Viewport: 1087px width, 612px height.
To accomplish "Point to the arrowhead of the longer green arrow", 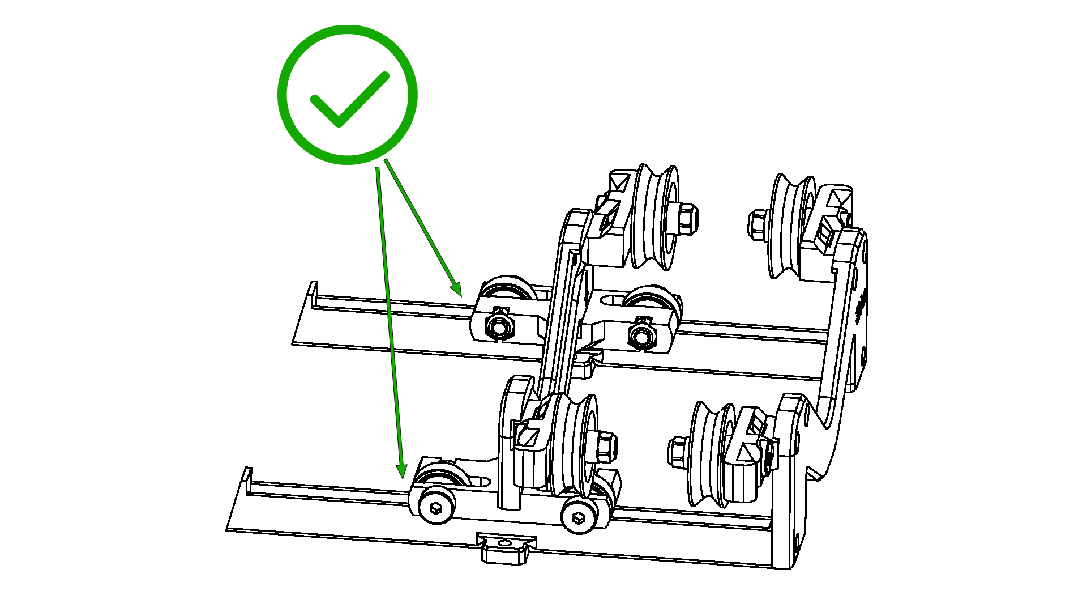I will (x=401, y=472).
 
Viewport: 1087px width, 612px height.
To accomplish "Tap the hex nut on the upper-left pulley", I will (x=687, y=218).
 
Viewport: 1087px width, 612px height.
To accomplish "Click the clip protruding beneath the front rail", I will (x=506, y=549).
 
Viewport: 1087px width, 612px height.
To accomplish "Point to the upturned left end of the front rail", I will (x=247, y=478).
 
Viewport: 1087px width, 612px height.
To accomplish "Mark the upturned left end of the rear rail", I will (x=312, y=292).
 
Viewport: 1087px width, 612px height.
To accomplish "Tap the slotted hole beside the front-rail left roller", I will (x=480, y=482).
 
